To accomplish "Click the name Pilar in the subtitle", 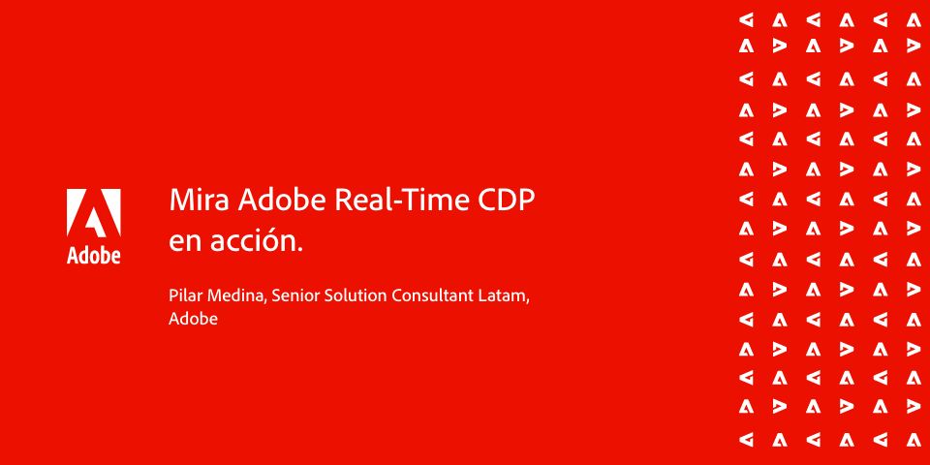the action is [x=184, y=295].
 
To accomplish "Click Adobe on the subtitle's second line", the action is [x=194, y=319].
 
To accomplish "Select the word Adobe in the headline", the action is [x=282, y=201].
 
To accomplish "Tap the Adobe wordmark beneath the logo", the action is [x=94, y=255].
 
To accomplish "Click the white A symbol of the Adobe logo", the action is [x=94, y=214].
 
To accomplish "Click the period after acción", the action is [x=299, y=250].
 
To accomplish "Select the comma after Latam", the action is [x=527, y=301].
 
